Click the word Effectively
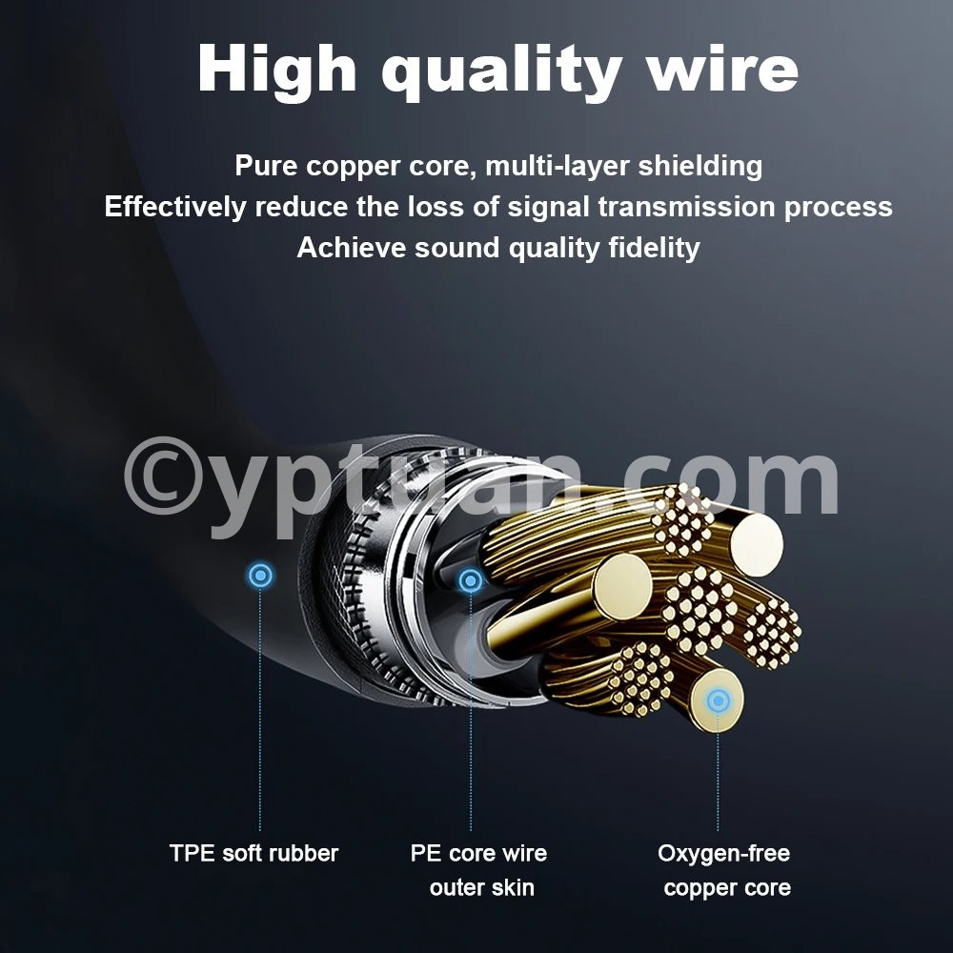point(175,207)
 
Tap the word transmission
point(686,207)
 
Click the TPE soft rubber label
point(253,853)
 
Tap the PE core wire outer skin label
point(479,870)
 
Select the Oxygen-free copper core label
point(724,870)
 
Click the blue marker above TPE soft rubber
point(261,575)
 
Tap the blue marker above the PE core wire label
point(471,581)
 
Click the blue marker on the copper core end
point(719,700)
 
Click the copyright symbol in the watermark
point(164,476)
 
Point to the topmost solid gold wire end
point(757,544)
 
